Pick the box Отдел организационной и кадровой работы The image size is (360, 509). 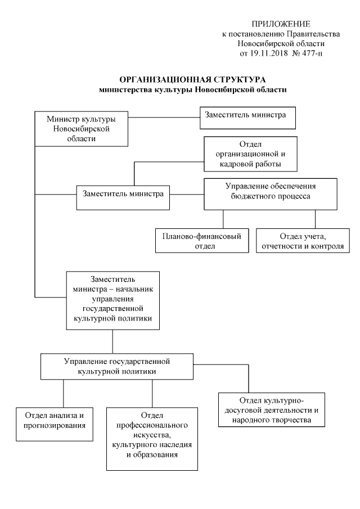click(x=250, y=154)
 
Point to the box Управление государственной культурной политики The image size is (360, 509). click(x=117, y=366)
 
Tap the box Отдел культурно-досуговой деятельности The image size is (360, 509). click(x=271, y=411)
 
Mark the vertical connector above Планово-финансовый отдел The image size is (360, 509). click(x=223, y=219)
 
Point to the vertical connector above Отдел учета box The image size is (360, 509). click(x=314, y=219)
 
